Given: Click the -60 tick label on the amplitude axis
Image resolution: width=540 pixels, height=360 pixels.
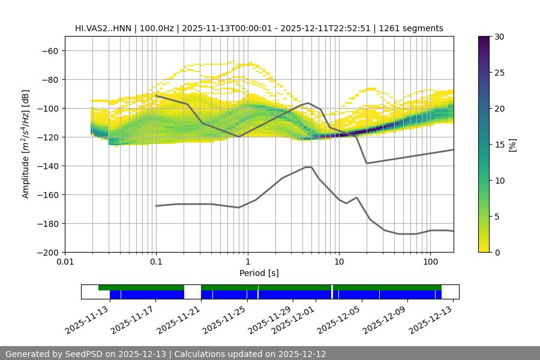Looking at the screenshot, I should pyautogui.click(x=49, y=50).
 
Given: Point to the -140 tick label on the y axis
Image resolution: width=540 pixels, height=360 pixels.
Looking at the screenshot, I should pyautogui.click(x=47, y=166).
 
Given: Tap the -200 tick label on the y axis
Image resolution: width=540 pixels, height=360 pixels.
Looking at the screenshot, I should pyautogui.click(x=47, y=252).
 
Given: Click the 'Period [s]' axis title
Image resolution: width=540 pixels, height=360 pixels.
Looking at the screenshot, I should pyautogui.click(x=259, y=273).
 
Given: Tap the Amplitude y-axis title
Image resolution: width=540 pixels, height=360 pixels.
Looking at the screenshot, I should pyautogui.click(x=26, y=144).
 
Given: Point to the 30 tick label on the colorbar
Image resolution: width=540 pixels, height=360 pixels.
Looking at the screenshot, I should pyautogui.click(x=499, y=37).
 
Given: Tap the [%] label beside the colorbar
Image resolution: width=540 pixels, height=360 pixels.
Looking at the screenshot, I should pyautogui.click(x=512, y=145).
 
